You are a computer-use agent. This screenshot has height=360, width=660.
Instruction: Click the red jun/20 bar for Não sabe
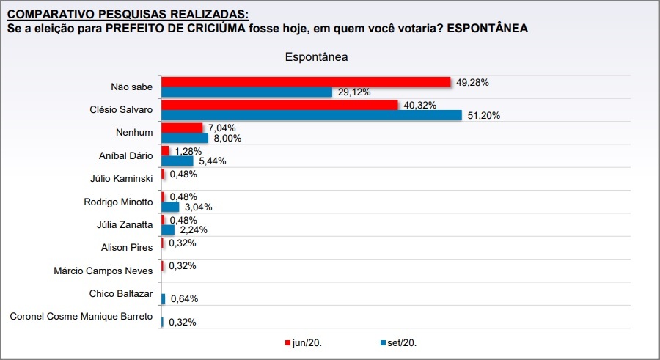[x=305, y=81]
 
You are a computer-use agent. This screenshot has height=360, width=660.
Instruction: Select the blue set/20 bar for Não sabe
[x=247, y=92]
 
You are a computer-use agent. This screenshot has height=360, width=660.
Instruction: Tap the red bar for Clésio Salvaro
[x=279, y=105]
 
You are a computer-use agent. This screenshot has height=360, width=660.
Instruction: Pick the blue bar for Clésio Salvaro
[x=311, y=115]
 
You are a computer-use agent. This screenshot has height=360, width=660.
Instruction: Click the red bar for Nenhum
[x=182, y=128]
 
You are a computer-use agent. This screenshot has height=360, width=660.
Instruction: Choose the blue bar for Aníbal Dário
[x=177, y=161]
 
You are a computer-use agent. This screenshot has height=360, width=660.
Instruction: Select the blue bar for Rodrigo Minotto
[x=170, y=207]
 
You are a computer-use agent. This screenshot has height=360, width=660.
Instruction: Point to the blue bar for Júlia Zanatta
[x=168, y=229]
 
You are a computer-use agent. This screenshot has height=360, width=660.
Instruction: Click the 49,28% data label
[x=472, y=82]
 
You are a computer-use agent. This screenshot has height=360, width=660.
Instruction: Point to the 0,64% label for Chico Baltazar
[x=183, y=298]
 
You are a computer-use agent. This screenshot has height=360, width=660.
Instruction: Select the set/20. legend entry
[x=403, y=342]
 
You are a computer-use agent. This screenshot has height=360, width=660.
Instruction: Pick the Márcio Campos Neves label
[x=103, y=271]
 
